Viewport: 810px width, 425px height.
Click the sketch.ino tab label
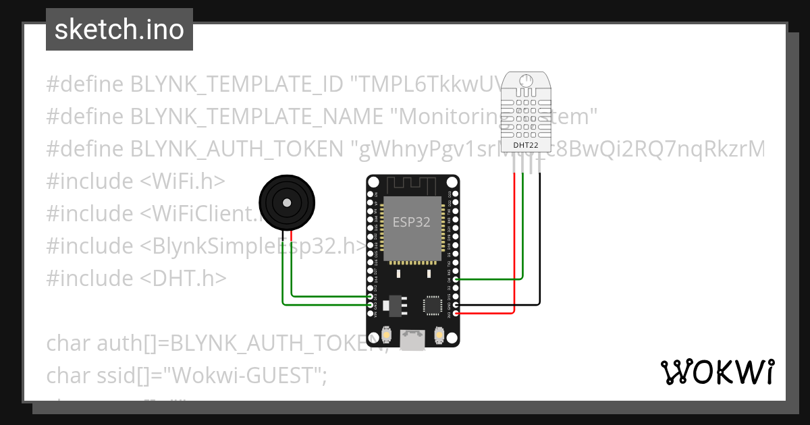119,30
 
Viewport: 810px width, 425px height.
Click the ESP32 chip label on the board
412,223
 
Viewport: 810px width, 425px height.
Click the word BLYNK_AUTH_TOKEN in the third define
237,148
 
